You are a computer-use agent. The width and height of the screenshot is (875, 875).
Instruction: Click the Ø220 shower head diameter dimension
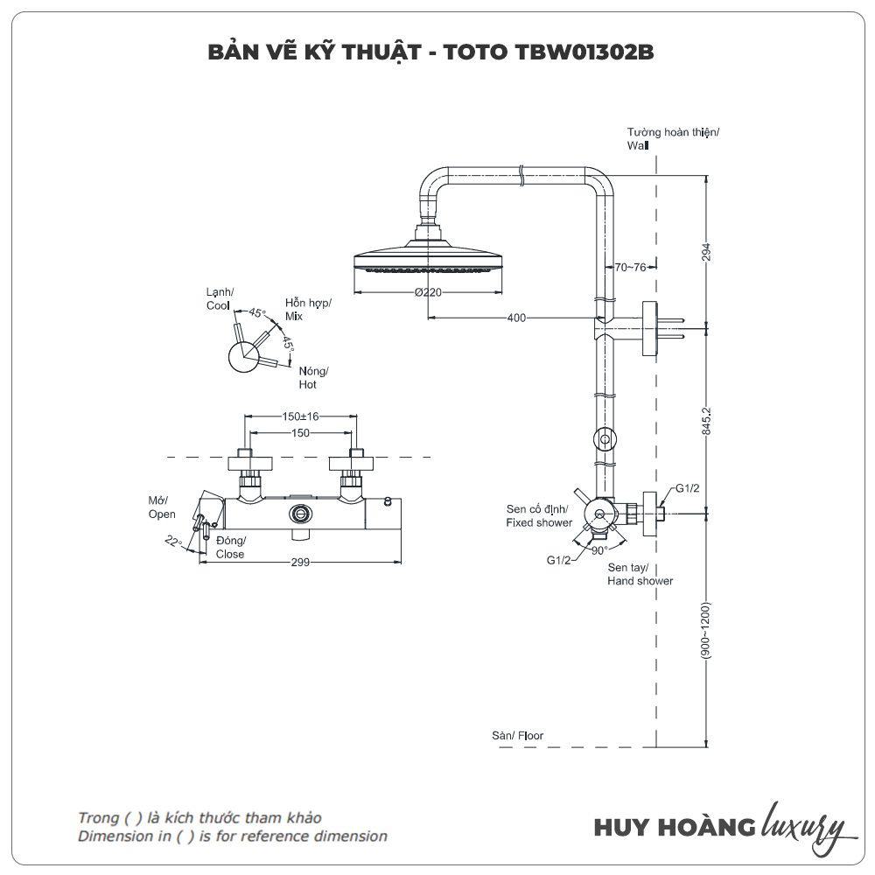coord(427,292)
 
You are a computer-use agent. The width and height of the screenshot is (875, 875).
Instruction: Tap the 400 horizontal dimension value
coord(516,318)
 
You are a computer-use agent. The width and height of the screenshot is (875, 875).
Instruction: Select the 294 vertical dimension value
coord(707,251)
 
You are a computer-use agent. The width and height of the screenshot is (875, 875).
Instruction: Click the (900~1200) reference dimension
coord(707,630)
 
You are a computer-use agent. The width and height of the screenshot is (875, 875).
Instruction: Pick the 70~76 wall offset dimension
coord(630,268)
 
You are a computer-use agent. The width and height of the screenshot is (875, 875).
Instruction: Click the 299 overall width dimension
coord(300,563)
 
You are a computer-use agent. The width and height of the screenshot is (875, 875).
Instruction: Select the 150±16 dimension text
coord(300,416)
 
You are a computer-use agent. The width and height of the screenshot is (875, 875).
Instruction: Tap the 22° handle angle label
coord(173,542)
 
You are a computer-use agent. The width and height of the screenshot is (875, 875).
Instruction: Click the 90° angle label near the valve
coord(598,550)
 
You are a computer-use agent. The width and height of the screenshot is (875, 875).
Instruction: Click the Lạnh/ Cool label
coord(220,298)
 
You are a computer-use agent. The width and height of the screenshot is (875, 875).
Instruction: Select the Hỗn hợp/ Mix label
coord(308,309)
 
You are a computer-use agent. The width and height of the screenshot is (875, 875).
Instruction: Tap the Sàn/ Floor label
coord(517,736)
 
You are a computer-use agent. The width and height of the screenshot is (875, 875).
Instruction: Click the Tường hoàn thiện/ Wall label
coord(671,139)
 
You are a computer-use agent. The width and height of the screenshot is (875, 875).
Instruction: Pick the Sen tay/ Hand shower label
coord(640,574)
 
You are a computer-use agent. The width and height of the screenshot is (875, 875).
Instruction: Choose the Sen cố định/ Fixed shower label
coord(538,515)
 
